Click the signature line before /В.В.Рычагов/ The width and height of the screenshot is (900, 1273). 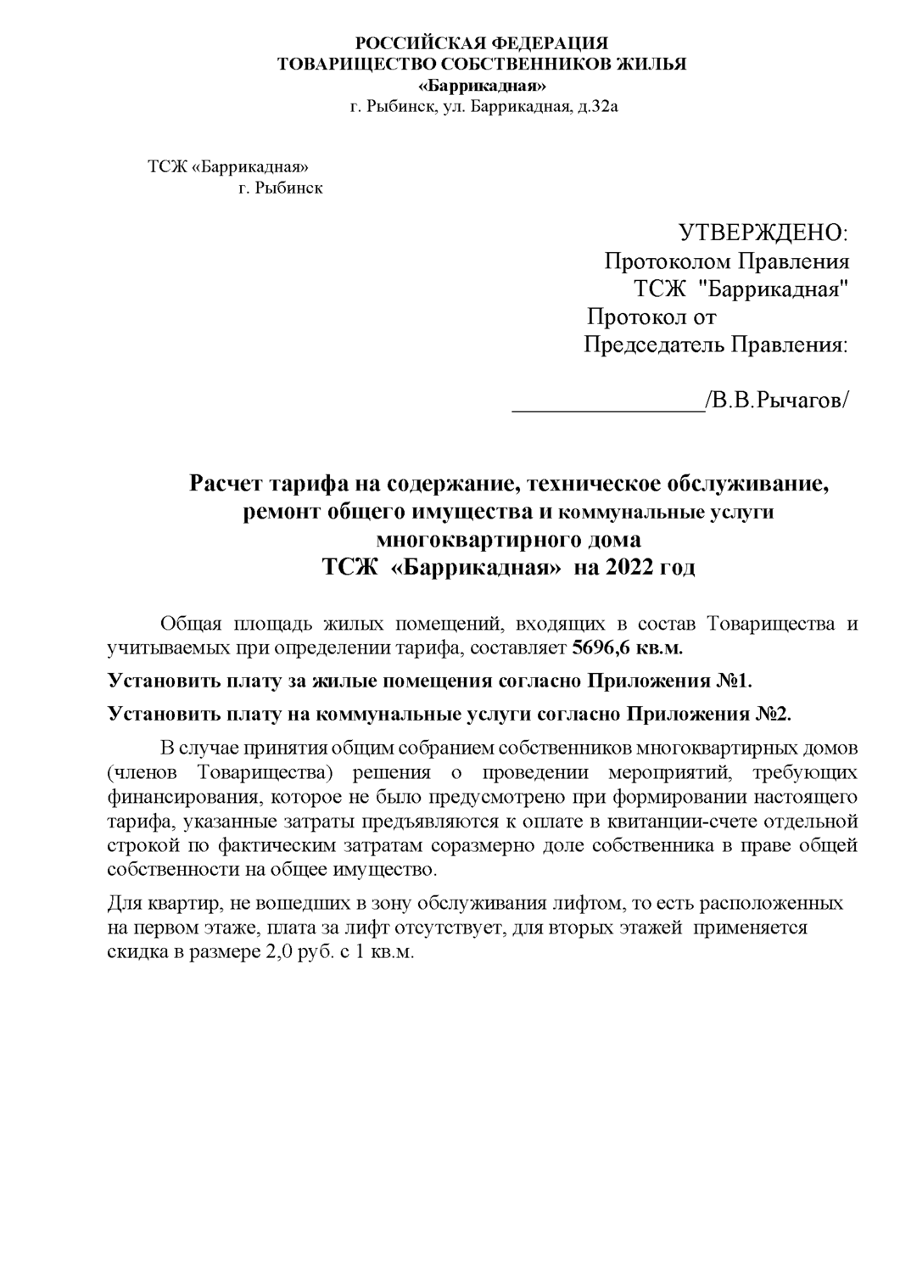[607, 402]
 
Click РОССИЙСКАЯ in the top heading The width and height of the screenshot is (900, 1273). [402, 44]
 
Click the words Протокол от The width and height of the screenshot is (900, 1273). [652, 317]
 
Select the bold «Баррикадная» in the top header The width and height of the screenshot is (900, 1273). [484, 87]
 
